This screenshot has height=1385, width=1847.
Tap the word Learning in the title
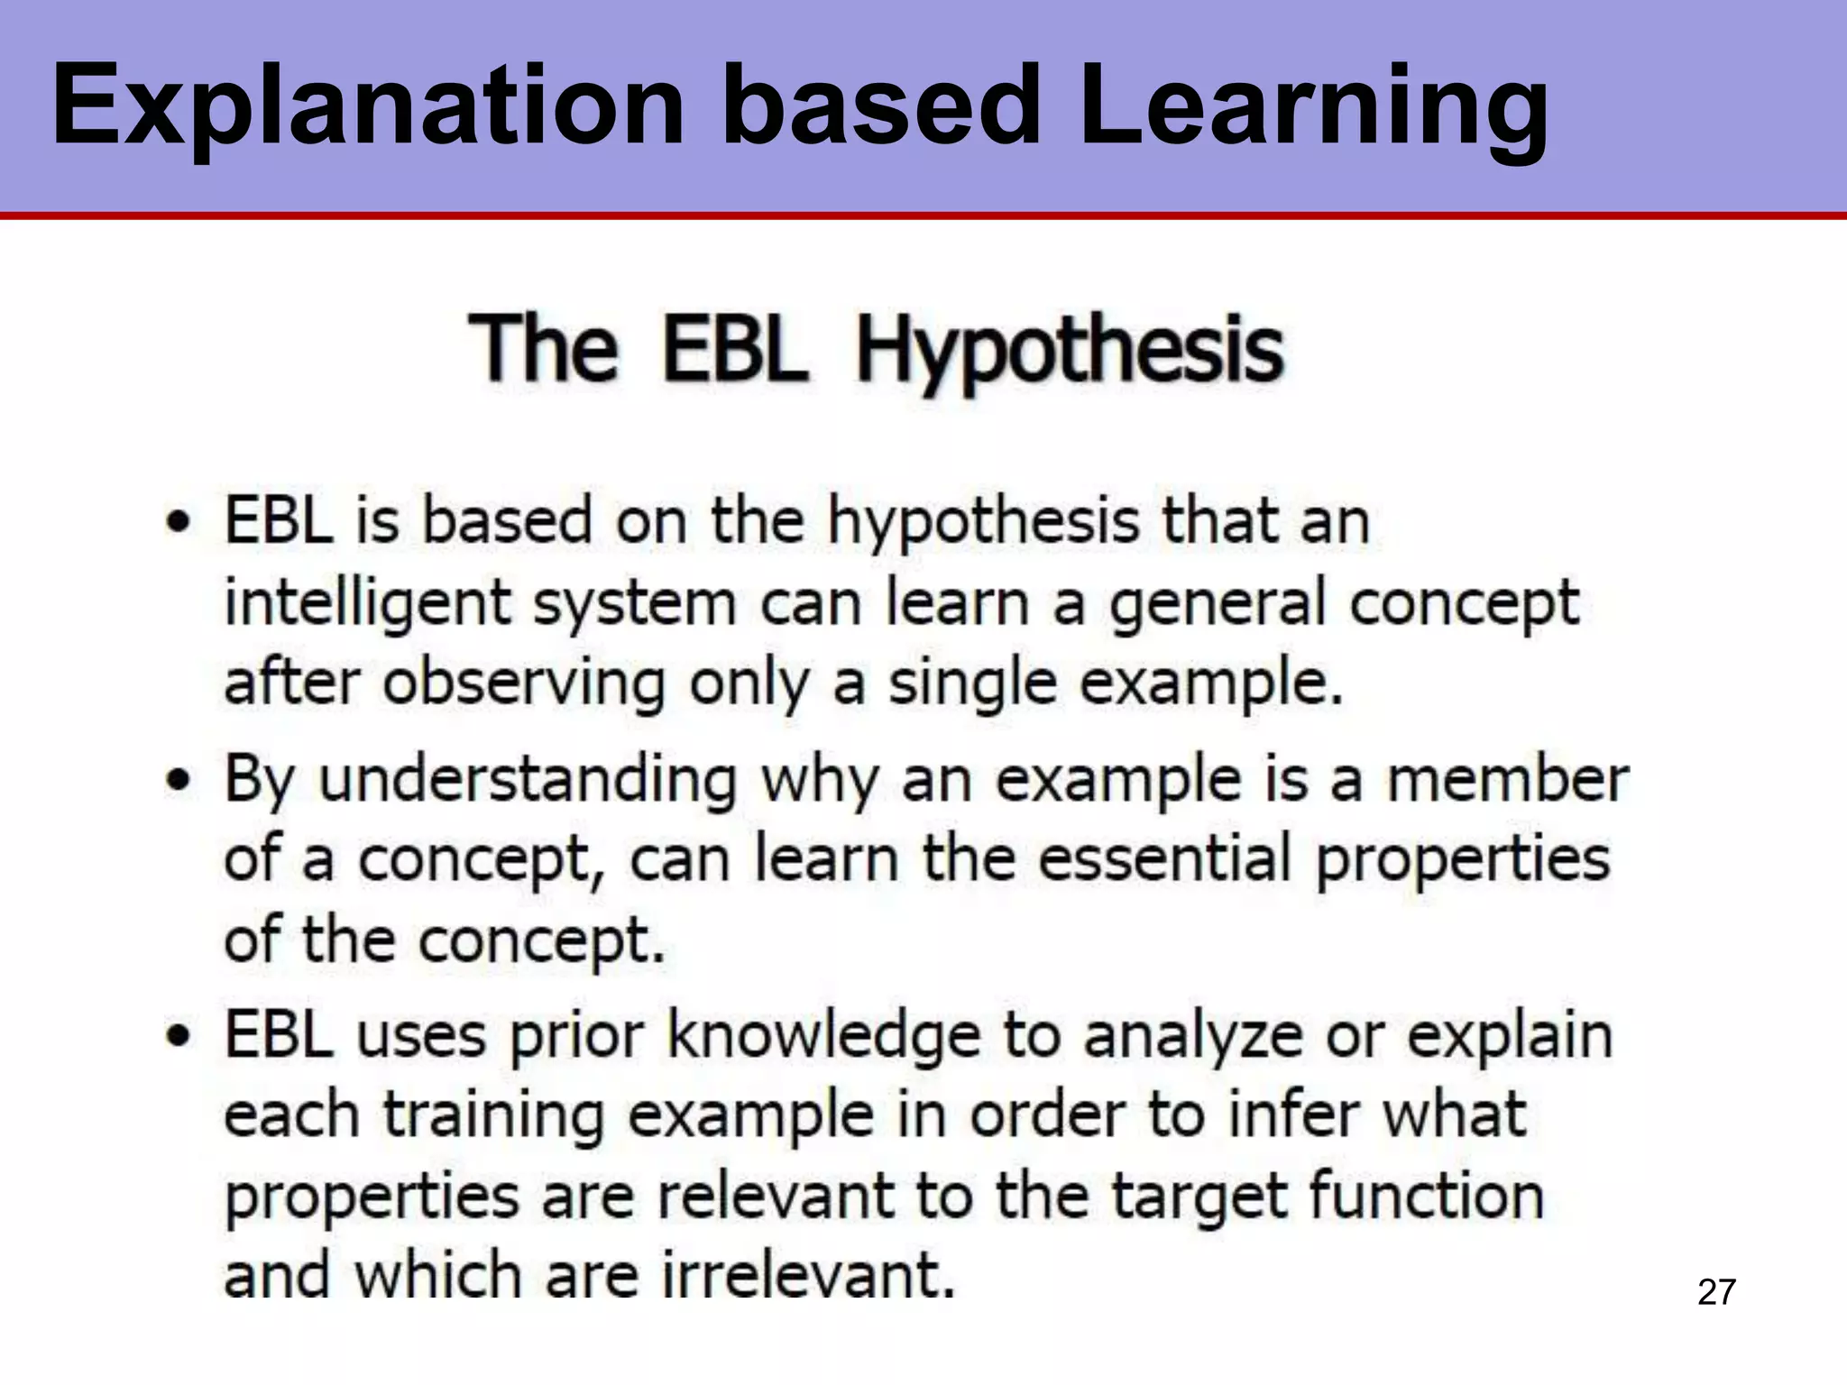point(1312,106)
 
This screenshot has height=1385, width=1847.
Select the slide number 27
point(1716,1292)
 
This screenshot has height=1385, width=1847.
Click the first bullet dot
point(179,523)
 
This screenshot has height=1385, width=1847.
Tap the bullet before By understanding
point(179,779)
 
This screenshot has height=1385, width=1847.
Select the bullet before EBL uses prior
point(179,1036)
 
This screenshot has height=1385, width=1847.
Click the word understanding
point(528,779)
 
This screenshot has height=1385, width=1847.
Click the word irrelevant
point(808,1276)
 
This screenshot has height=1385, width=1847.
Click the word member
point(1507,779)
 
